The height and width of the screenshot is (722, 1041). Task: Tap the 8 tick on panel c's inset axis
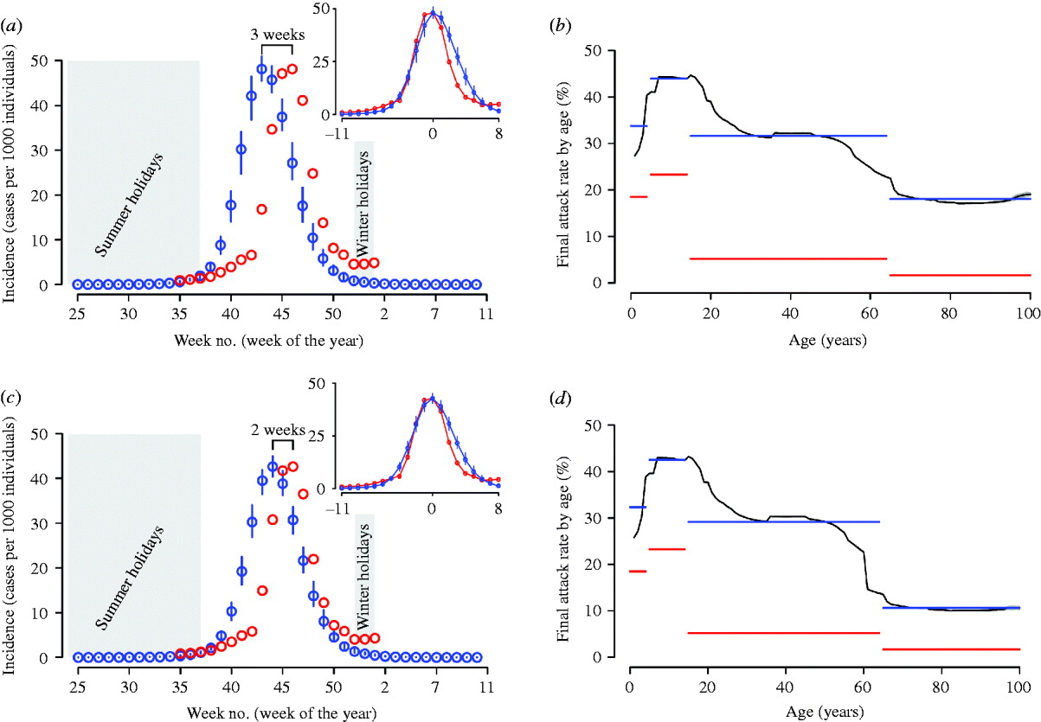click(x=499, y=507)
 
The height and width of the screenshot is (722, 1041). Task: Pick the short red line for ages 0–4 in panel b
click(x=639, y=197)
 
